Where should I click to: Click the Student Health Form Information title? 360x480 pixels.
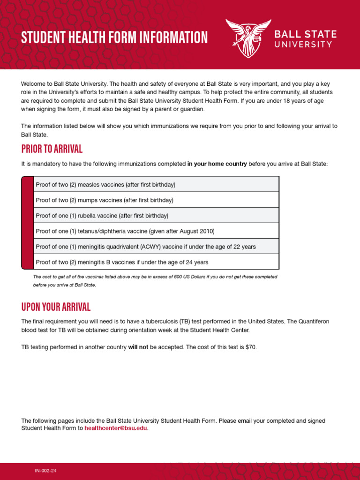[x=114, y=37]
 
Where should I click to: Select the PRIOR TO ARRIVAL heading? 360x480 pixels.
[x=52, y=149]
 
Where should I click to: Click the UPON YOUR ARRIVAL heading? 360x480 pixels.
[x=56, y=307]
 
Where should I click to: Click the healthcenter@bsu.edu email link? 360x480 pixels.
[x=116, y=428]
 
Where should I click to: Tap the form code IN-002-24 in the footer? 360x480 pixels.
[x=46, y=470]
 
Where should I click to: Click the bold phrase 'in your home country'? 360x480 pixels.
[x=217, y=164]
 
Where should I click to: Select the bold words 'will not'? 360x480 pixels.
[x=138, y=347]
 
